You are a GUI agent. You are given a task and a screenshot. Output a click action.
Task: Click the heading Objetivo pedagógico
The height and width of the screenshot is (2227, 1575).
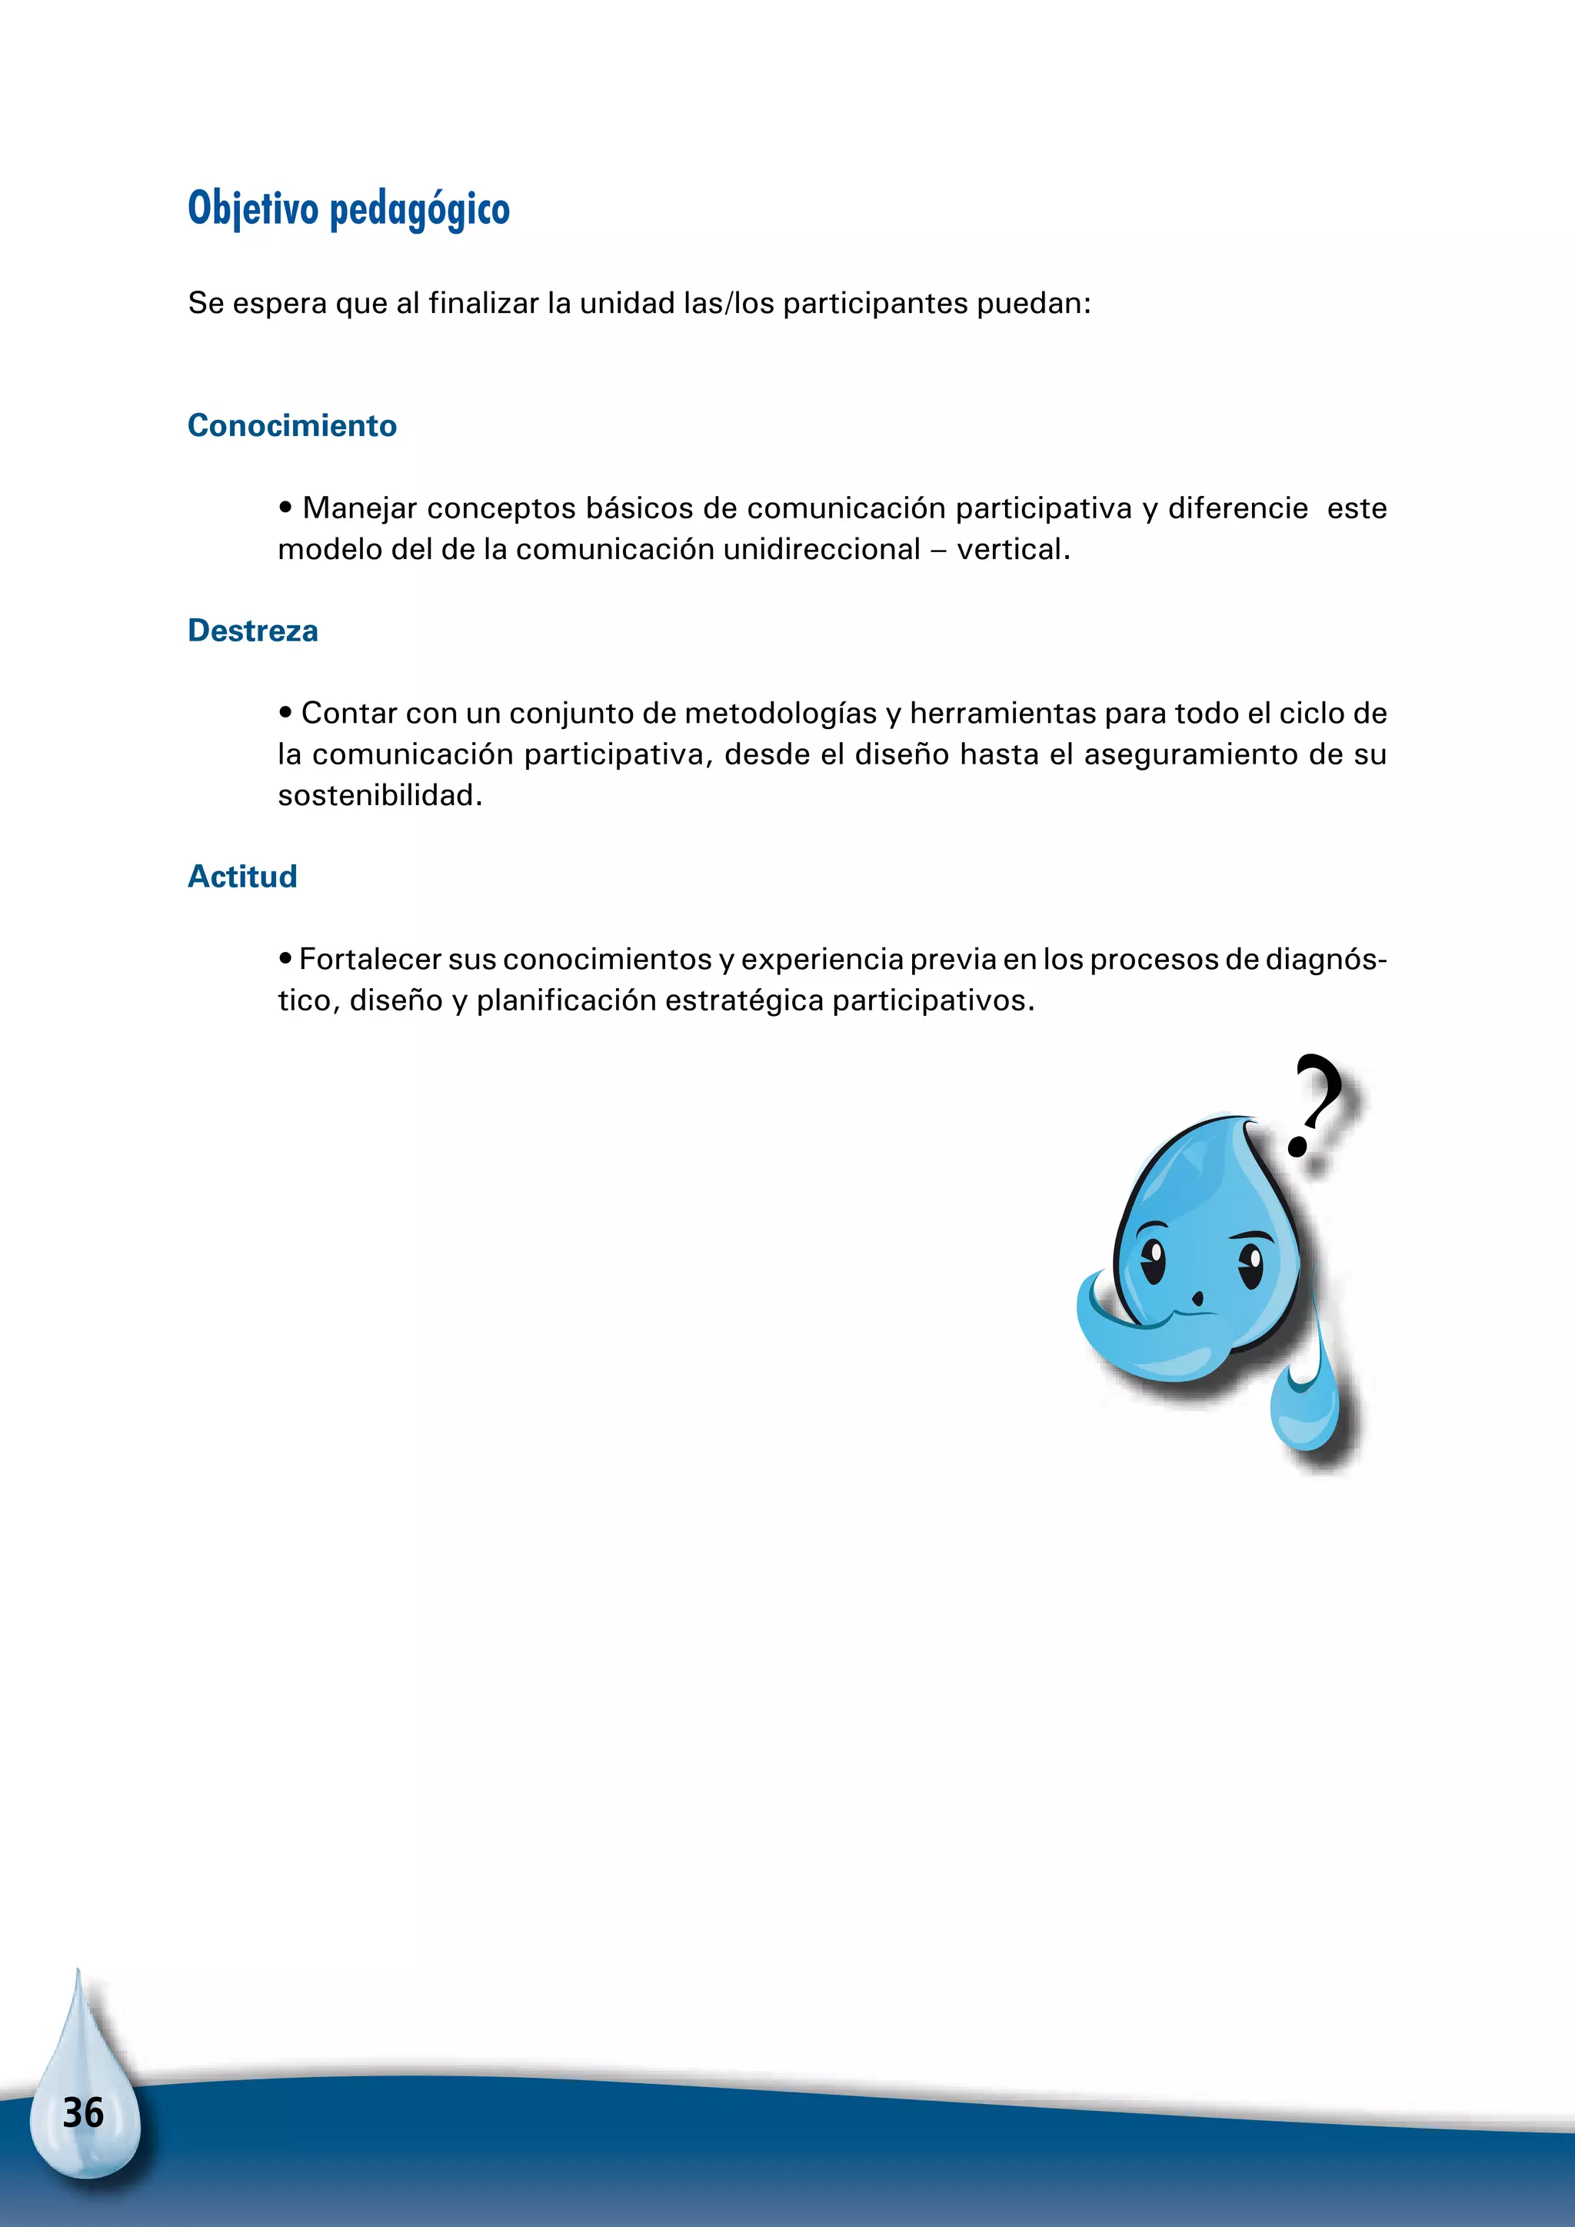[x=348, y=208]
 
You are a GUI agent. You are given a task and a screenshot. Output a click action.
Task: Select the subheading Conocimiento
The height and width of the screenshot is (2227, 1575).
[x=292, y=426]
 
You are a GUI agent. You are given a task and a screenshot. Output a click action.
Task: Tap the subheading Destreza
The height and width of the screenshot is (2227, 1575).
[x=252, y=631]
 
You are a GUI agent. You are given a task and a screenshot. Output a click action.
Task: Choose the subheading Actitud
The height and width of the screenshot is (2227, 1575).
[x=241, y=876]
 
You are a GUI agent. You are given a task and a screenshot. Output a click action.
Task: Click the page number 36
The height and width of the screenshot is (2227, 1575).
[x=83, y=2112]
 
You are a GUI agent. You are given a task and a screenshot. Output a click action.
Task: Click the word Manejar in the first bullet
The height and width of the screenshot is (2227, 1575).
[x=359, y=508]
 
